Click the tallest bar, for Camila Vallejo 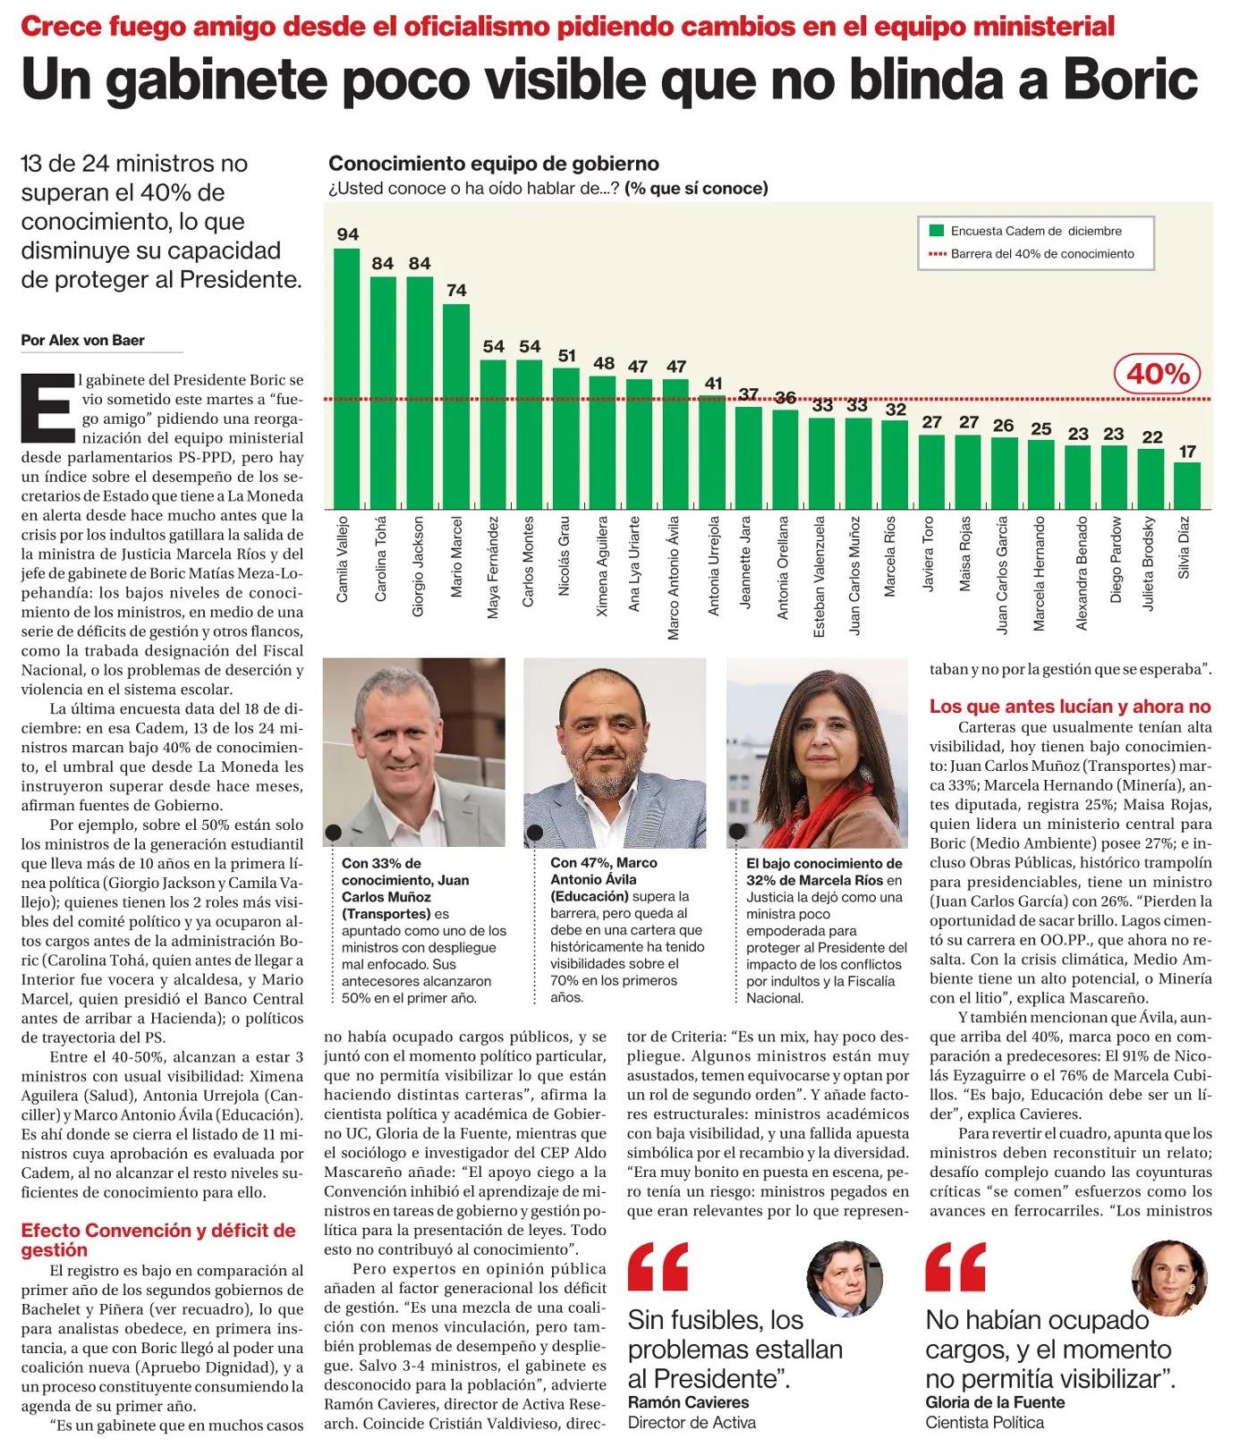point(347,378)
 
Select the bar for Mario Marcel point(456,407)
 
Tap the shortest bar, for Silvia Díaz point(1187,486)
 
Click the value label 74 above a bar point(456,291)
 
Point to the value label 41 point(713,384)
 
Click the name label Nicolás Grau point(565,556)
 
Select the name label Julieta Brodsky point(1149,563)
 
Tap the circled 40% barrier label point(1158,374)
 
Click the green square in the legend point(937,231)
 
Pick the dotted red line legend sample point(937,254)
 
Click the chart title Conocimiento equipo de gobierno point(494,164)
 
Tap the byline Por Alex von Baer point(82,341)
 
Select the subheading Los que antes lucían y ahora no point(1070,707)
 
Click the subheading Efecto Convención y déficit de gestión point(158,1240)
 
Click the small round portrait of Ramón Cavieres point(845,1278)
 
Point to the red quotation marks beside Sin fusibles point(658,1267)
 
